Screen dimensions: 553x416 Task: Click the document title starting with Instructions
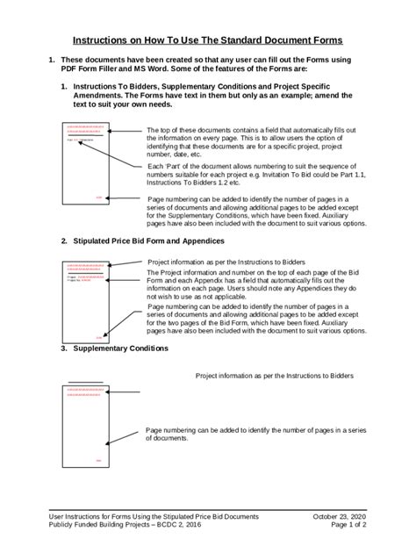coord(207,40)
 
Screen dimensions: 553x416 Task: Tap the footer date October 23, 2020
coord(340,518)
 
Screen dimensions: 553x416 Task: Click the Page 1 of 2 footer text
coord(344,528)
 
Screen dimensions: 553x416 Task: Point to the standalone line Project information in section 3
coord(274,375)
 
